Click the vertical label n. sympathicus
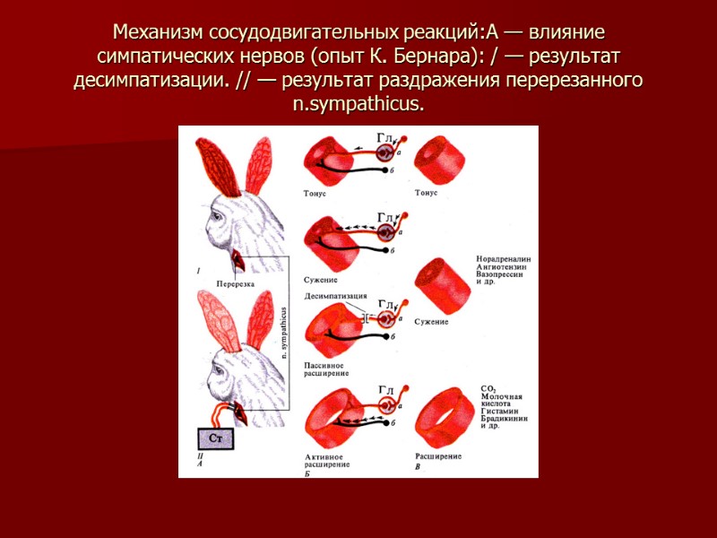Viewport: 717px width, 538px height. click(284, 333)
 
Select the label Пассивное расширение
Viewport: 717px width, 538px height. click(327, 369)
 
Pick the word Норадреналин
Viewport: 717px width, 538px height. click(505, 259)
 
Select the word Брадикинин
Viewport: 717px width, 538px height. click(504, 418)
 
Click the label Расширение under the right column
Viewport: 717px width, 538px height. click(438, 456)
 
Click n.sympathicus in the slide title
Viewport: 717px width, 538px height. click(358, 104)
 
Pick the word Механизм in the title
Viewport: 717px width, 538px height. click(158, 34)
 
